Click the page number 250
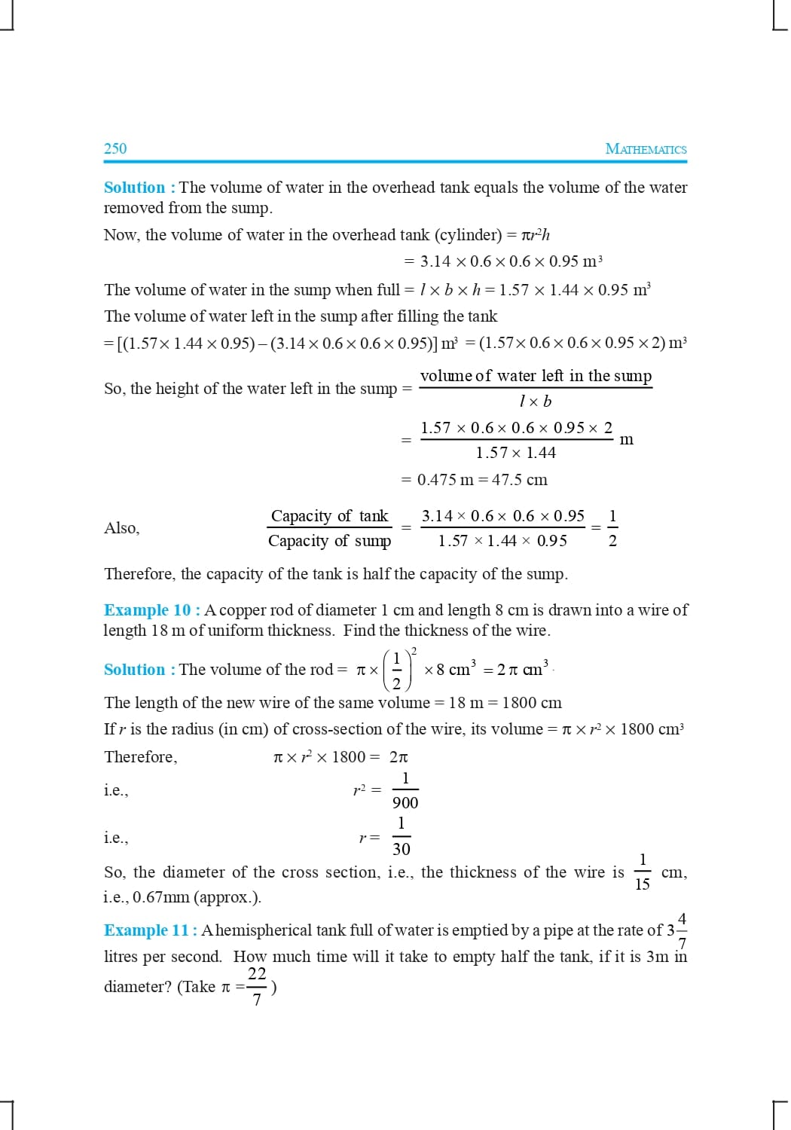click(x=115, y=148)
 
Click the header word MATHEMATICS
click(x=646, y=149)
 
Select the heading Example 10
click(x=148, y=610)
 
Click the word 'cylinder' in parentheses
click(x=468, y=235)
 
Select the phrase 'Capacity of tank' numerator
click(x=329, y=516)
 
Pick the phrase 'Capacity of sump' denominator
click(x=329, y=541)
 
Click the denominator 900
click(x=405, y=803)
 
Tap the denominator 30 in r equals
click(x=402, y=850)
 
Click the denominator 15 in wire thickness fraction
click(x=642, y=884)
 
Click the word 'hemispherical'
click(x=263, y=930)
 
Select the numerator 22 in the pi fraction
click(x=257, y=973)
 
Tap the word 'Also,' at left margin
click(x=122, y=528)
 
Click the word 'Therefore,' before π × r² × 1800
click(x=141, y=757)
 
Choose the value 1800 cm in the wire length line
click(x=532, y=703)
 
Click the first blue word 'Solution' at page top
click(x=134, y=188)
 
